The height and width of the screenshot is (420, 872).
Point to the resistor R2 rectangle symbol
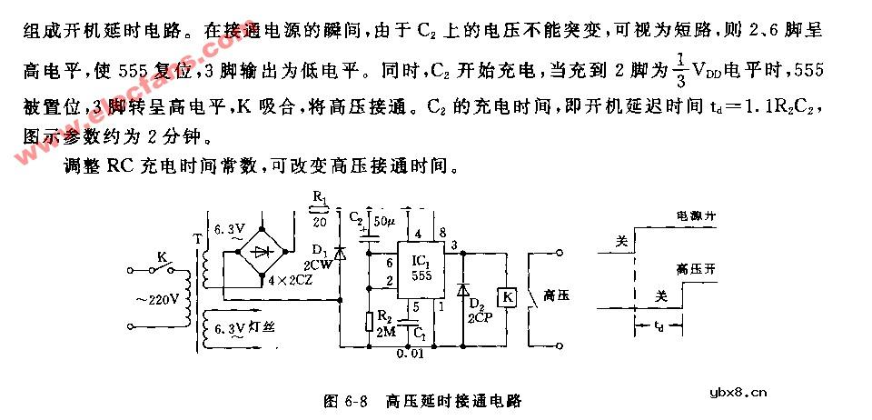coord(370,320)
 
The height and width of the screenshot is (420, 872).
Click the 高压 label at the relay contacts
coord(555,296)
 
